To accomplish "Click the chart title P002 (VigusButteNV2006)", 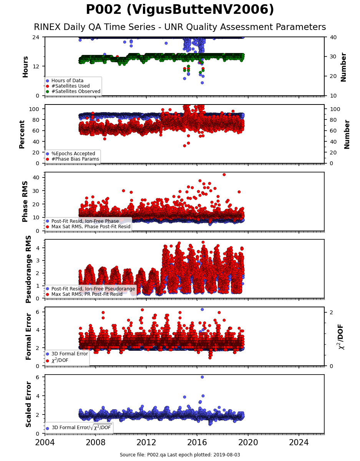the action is [180, 10].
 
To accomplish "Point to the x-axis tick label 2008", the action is [95, 443].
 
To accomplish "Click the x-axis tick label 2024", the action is [299, 443].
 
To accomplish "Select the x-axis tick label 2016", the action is [197, 443].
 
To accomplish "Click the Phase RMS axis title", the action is [25, 202].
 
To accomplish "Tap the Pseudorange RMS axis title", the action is [28, 269].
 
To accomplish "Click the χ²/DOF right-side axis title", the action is [341, 337].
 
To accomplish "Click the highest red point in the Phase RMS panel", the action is [224, 174].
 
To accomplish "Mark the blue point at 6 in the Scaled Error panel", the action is [202, 377].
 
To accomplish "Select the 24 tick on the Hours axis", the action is [36, 37].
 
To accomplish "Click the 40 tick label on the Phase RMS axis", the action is [36, 177].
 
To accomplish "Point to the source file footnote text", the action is [180, 454].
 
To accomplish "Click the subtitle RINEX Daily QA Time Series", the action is [95, 27].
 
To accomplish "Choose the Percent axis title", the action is [22, 134].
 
